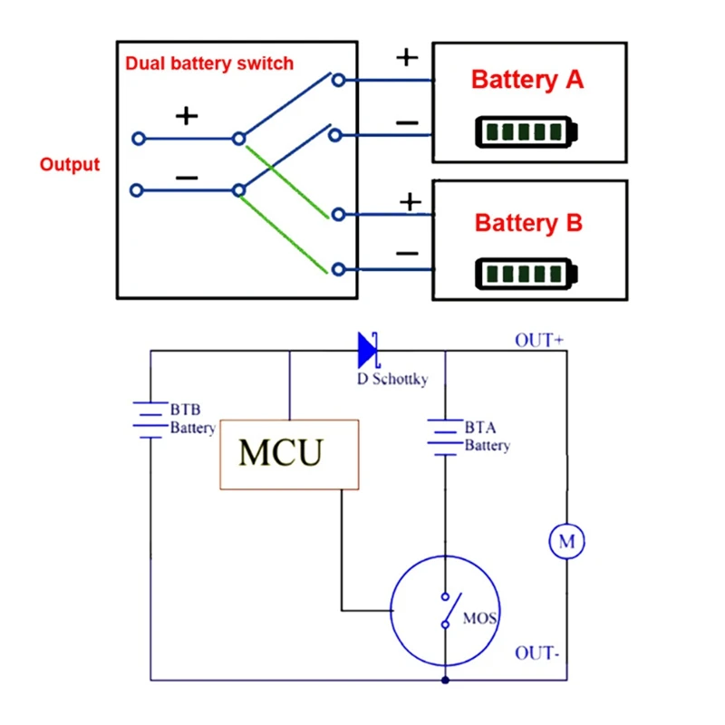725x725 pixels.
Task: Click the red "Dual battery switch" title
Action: click(209, 63)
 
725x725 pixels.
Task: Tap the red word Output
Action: click(70, 165)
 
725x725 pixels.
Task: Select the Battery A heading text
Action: click(527, 80)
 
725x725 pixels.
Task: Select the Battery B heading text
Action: click(528, 222)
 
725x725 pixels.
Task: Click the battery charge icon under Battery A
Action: click(526, 132)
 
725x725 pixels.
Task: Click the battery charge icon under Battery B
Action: click(526, 273)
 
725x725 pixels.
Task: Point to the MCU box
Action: click(289, 454)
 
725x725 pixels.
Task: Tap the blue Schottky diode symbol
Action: click(367, 349)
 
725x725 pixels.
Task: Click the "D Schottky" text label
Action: click(391, 378)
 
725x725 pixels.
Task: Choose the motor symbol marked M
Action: click(567, 542)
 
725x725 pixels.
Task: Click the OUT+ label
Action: click(539, 341)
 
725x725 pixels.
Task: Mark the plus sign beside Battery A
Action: click(408, 57)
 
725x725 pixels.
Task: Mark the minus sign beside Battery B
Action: click(408, 253)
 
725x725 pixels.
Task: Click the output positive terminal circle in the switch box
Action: click(138, 139)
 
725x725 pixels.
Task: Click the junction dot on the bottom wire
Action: click(445, 680)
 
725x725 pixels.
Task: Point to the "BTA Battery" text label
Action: click(487, 436)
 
